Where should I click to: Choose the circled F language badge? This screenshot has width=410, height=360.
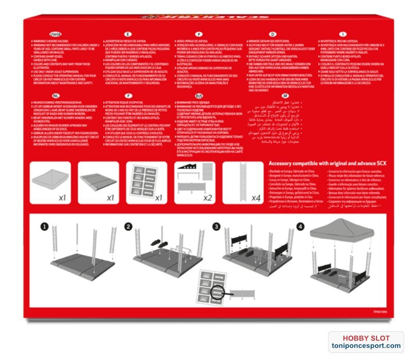click(127, 96)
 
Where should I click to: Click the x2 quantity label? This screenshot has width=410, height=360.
click(207, 198)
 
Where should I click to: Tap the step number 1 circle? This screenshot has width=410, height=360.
click(45, 226)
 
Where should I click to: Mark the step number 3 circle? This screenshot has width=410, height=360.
click(217, 226)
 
